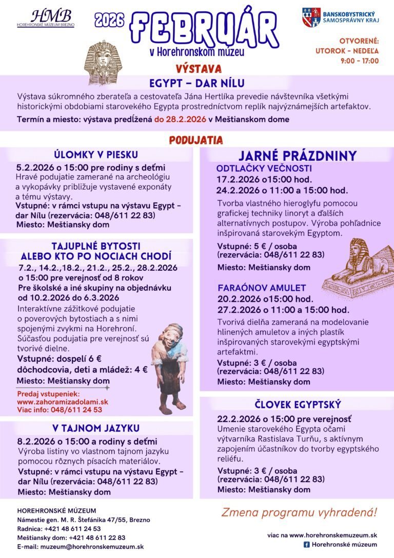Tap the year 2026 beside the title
pos(109,20)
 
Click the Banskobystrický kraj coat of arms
pos(311,17)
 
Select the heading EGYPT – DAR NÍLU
pos(197,83)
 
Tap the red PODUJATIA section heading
pos(196,140)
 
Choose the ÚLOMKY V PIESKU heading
pos(96,155)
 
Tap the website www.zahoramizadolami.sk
pos(63,401)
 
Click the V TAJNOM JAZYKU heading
pos(95,428)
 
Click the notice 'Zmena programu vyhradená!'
pos(299,512)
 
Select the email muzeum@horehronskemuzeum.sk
pos(81,547)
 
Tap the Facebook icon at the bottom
pos(306,545)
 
